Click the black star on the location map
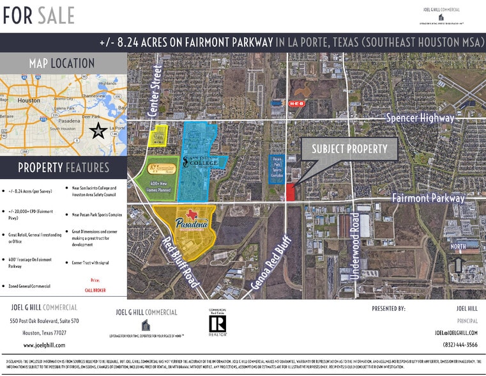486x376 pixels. tap(98, 131)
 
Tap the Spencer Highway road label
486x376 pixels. tap(420, 118)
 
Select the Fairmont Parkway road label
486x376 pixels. tap(428, 198)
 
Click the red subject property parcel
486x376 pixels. tap(291, 192)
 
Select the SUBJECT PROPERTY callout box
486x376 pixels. tap(349, 149)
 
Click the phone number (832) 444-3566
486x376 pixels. tap(456, 344)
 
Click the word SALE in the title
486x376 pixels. tap(55, 15)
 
